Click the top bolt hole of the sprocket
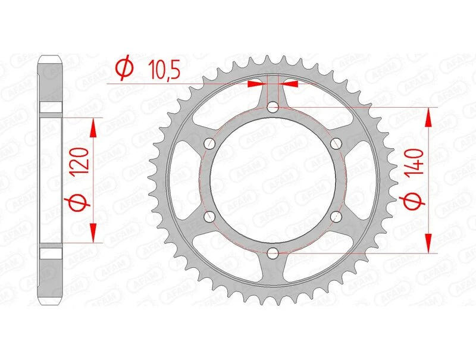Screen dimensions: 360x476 coord(273,108)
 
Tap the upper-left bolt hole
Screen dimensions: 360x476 coord(209,143)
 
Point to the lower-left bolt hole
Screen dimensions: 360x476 coord(209,217)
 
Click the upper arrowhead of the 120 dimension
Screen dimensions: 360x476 coord(92,126)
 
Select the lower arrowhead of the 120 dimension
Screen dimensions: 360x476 coord(92,234)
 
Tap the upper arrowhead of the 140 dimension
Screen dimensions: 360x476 coord(427,117)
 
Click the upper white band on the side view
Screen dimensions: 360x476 coord(51,108)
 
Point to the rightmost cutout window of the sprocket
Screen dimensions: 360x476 coord(359,180)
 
